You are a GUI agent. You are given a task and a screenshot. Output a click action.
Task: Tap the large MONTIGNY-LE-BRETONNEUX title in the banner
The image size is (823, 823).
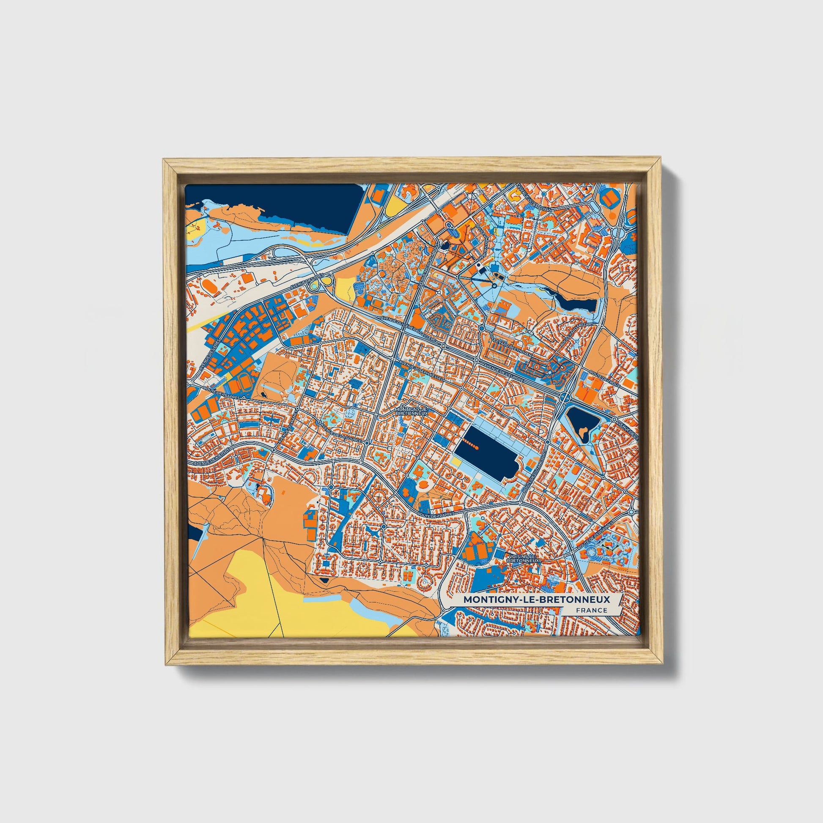click(536, 599)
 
